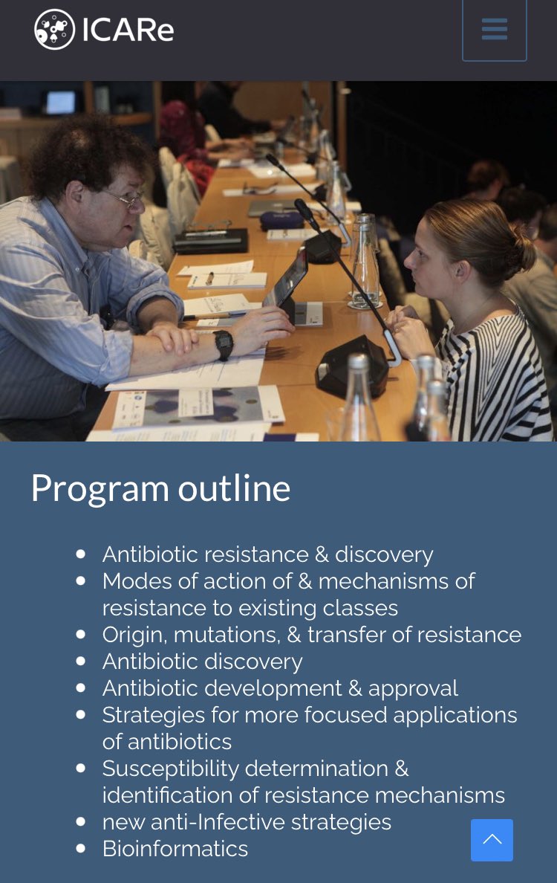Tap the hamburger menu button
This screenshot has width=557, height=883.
coord(494,30)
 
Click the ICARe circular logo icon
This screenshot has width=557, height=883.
coord(54,30)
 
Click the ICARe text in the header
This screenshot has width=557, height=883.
coord(128,30)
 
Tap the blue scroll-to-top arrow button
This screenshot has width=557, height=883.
coord(492,840)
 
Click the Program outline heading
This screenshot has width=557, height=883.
coord(160,488)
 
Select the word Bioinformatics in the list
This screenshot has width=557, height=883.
coord(175,849)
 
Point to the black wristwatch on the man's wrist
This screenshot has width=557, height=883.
coord(223,344)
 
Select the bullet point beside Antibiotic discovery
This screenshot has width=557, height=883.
coord(81,662)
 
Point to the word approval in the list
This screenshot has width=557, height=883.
coord(414,688)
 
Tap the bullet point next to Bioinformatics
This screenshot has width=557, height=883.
coord(81,849)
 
